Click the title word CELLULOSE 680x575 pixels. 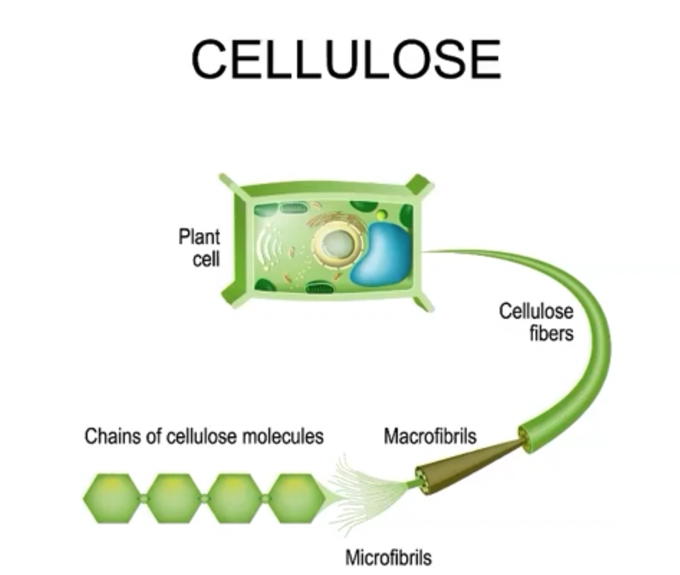tap(346, 59)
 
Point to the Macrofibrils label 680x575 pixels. tap(430, 436)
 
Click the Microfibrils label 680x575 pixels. tap(388, 557)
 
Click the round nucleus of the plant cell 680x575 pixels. tap(337, 243)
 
